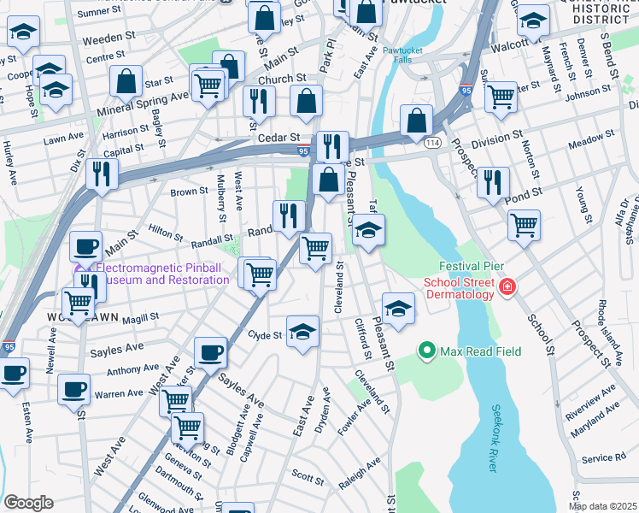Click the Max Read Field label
(x=480, y=351)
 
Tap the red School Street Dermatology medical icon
(x=507, y=286)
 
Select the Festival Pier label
(x=467, y=266)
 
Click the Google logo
(x=28, y=503)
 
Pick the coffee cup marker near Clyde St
(x=210, y=351)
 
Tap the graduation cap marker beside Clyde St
(x=302, y=332)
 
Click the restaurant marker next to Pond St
(x=493, y=182)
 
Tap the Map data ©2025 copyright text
(x=603, y=505)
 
